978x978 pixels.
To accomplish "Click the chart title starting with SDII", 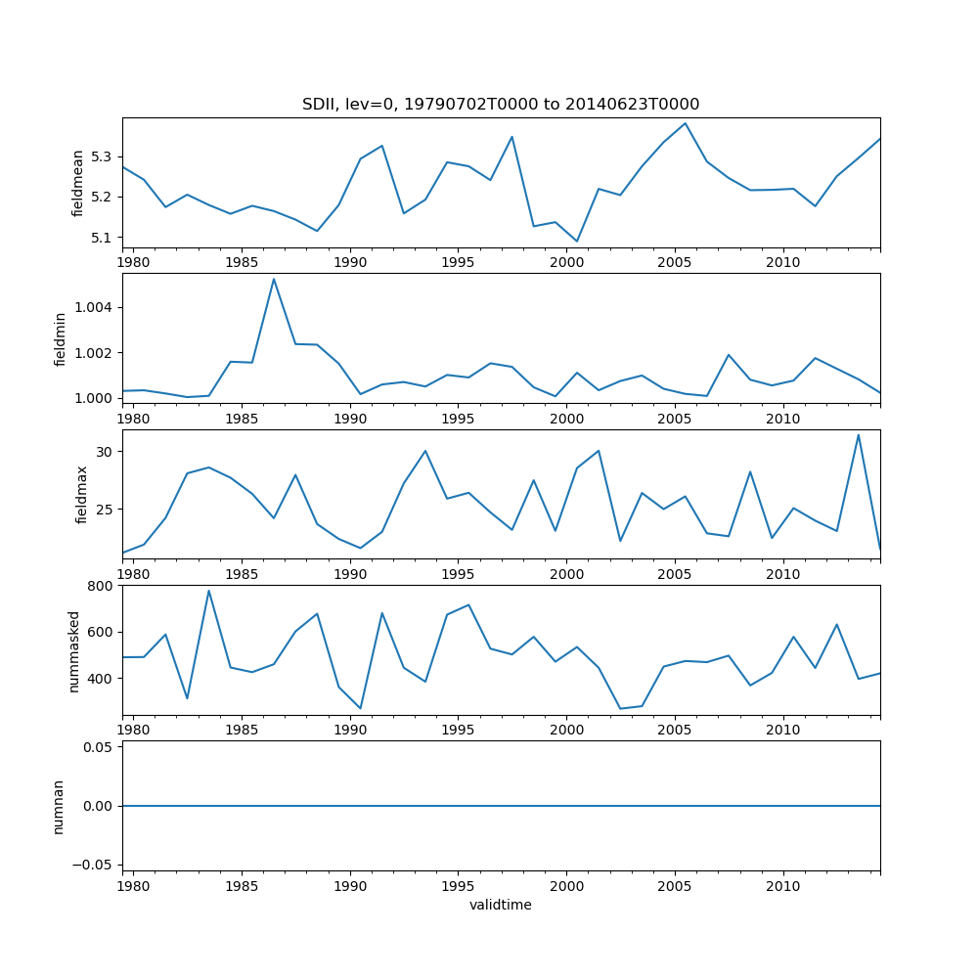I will click(x=500, y=105).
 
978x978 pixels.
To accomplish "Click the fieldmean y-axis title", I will click(x=78, y=183).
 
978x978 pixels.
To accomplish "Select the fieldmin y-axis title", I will click(x=61, y=338).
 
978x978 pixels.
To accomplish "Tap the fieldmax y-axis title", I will click(x=82, y=494).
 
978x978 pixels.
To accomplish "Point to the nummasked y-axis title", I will click(x=73, y=650).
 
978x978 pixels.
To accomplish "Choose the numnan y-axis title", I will click(x=59, y=806).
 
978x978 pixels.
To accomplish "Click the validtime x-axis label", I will click(x=501, y=905).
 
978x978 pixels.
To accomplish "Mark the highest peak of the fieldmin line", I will click(x=274, y=279).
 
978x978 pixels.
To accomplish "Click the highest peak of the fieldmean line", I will click(x=685, y=123).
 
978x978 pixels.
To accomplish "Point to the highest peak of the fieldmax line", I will click(x=859, y=434).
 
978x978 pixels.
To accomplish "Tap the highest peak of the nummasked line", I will click(x=208, y=590).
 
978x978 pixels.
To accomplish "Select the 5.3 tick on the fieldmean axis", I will click(x=103, y=156).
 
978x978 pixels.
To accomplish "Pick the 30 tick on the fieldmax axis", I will click(x=105, y=451).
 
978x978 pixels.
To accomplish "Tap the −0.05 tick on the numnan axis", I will click(x=96, y=865).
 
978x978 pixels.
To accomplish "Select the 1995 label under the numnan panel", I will click(x=459, y=886).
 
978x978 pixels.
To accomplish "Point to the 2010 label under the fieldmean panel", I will click(x=783, y=262).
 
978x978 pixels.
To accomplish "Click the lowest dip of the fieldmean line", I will click(x=577, y=242).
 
